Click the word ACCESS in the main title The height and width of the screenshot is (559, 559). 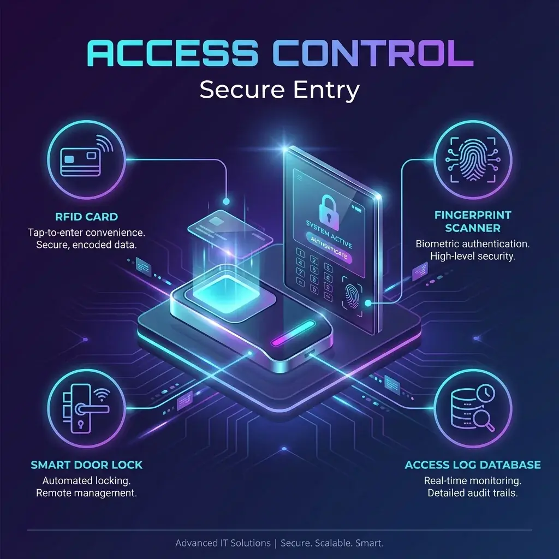tap(172, 55)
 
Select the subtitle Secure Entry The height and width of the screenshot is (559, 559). tap(279, 90)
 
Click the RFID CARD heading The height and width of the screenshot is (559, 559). tap(87, 217)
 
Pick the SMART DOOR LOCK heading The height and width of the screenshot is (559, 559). tap(87, 465)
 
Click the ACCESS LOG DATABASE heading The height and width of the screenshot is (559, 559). tap(473, 465)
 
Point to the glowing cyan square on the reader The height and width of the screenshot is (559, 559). tap(226, 287)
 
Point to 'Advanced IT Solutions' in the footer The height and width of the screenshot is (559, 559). tap(223, 543)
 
